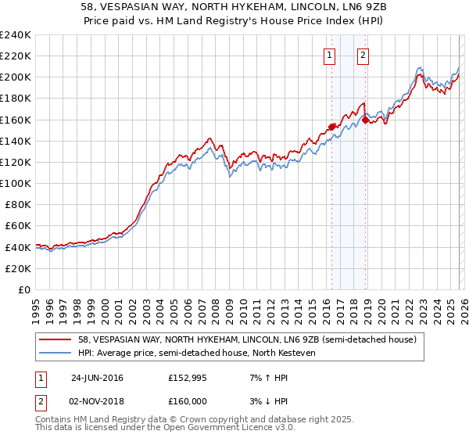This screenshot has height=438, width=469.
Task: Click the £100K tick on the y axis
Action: coord(15,183)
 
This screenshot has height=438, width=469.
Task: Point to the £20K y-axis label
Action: coord(18,268)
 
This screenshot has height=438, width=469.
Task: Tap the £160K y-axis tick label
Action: coord(15,120)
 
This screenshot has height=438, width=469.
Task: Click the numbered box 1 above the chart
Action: coord(329,56)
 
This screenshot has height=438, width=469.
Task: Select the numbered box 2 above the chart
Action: coord(364,56)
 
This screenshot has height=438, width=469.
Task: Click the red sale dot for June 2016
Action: coord(331,127)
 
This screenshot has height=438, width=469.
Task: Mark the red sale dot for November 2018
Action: coord(365,120)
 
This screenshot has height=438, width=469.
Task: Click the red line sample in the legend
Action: coord(56,339)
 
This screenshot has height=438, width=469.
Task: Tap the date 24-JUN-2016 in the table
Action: coord(97,377)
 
